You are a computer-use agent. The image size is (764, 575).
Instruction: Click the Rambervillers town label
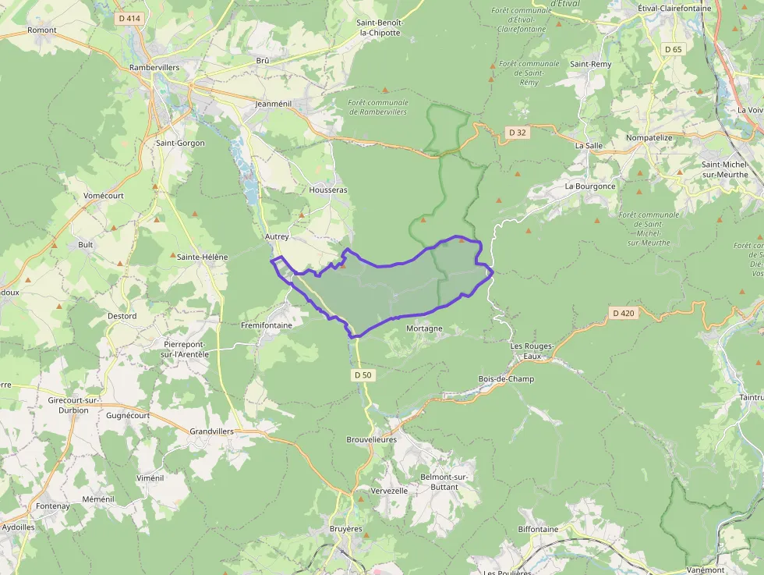point(154,68)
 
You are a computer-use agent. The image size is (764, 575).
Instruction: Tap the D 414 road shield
point(129,18)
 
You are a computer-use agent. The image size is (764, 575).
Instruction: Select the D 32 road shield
point(518,133)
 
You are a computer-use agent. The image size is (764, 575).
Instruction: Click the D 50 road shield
point(363,375)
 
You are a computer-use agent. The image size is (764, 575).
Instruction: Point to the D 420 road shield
point(624,314)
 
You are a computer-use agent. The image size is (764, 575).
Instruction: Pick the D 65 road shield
point(673,49)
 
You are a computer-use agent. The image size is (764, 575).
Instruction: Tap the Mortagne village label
point(424,328)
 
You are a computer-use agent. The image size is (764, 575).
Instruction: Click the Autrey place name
point(277,236)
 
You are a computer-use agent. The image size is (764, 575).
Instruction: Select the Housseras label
point(328,190)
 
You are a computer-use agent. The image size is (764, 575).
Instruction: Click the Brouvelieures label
point(372,439)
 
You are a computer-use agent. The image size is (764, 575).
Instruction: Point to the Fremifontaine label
point(267,325)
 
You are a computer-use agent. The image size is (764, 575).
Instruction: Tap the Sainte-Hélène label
point(203,257)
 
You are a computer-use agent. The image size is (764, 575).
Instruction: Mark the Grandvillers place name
point(211,431)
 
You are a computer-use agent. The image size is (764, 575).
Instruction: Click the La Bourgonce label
point(590,186)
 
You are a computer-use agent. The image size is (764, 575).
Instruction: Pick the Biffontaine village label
point(539,529)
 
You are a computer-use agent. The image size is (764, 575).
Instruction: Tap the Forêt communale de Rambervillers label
point(378,107)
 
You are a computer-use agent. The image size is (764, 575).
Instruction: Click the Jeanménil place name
point(273,103)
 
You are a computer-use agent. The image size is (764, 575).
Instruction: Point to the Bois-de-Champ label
point(506,379)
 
